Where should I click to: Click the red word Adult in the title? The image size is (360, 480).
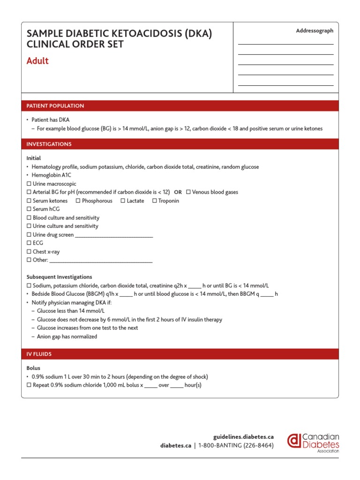coord(37,61)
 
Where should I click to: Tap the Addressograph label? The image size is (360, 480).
coord(315,31)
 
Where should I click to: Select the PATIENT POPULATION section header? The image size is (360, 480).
coord(55,106)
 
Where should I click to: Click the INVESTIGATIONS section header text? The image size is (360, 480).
coord(49,144)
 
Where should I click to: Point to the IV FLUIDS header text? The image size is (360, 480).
coord(39,354)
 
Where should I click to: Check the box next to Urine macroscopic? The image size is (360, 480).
coord(29,184)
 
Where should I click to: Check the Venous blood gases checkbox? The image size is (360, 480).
coord(188,192)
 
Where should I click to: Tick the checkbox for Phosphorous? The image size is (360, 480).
coord(78,201)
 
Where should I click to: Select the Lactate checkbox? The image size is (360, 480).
coord(123,201)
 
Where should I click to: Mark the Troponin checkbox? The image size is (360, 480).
coord(155,201)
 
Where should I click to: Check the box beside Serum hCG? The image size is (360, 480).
coord(29,209)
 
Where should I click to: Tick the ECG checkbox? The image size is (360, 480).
coord(29,243)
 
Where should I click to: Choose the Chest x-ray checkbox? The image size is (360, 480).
coord(29,251)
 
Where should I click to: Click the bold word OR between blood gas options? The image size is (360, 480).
coord(178,192)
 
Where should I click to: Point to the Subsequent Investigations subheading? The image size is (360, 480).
coord(59,277)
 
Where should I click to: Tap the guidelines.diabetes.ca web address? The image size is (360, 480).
coord(243,436)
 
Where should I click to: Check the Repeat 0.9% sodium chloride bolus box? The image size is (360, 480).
coord(29,385)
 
